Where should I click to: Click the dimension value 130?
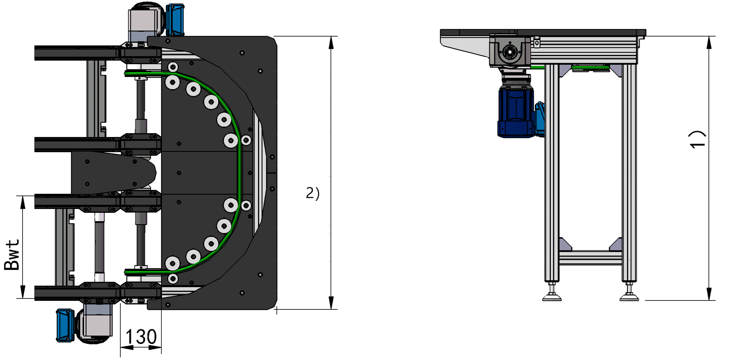click(x=141, y=337)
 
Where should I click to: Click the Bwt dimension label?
click(x=12, y=255)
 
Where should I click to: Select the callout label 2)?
click(x=312, y=193)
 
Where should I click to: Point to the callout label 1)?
click(x=697, y=139)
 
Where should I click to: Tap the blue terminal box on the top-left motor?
click(x=175, y=19)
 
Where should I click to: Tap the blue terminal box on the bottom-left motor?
click(x=65, y=325)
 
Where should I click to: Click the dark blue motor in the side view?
click(x=516, y=112)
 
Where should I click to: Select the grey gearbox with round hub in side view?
click(x=509, y=51)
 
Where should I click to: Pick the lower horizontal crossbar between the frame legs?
click(x=590, y=257)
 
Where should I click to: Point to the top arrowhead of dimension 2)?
click(x=331, y=43)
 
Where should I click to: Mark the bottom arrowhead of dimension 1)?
click(x=709, y=294)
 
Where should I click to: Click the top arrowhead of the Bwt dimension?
click(x=23, y=202)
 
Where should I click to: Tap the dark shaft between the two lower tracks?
click(x=99, y=245)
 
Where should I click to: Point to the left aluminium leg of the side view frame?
click(x=552, y=171)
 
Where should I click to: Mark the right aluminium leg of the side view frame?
click(x=629, y=171)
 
